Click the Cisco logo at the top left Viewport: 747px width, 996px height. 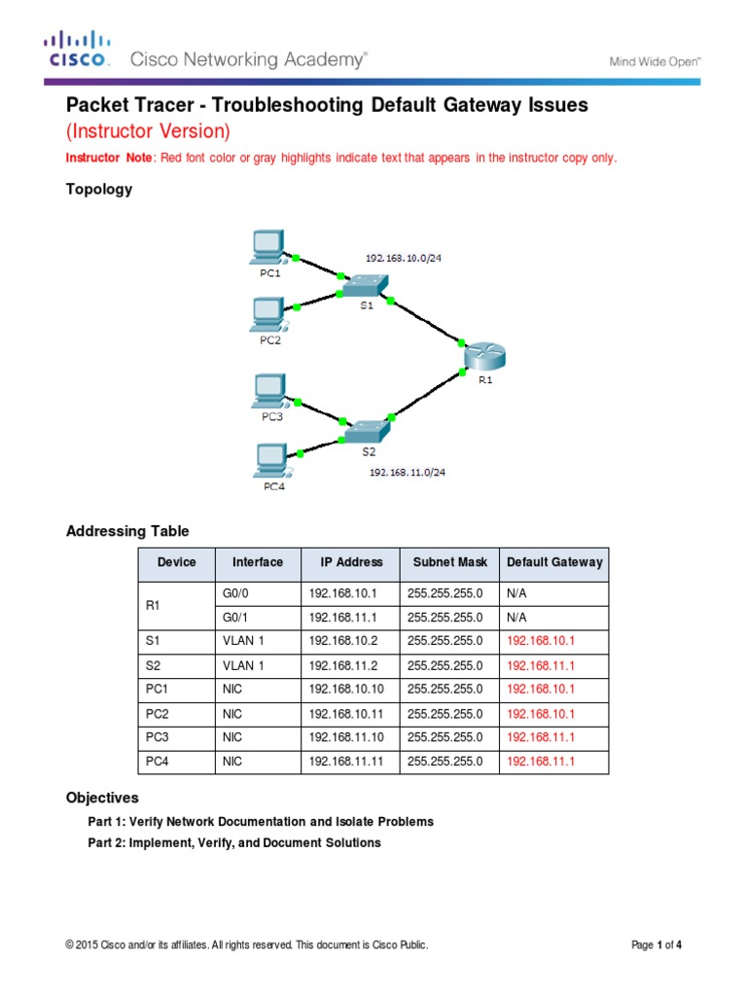pos(77,51)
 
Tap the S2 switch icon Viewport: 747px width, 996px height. pos(368,429)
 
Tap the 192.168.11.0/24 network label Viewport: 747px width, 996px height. pos(409,473)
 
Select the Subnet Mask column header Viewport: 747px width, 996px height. pos(447,562)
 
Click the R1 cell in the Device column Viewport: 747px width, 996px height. pos(152,605)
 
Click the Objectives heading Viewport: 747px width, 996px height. pos(102,798)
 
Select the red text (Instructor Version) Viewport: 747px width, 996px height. pos(148,130)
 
